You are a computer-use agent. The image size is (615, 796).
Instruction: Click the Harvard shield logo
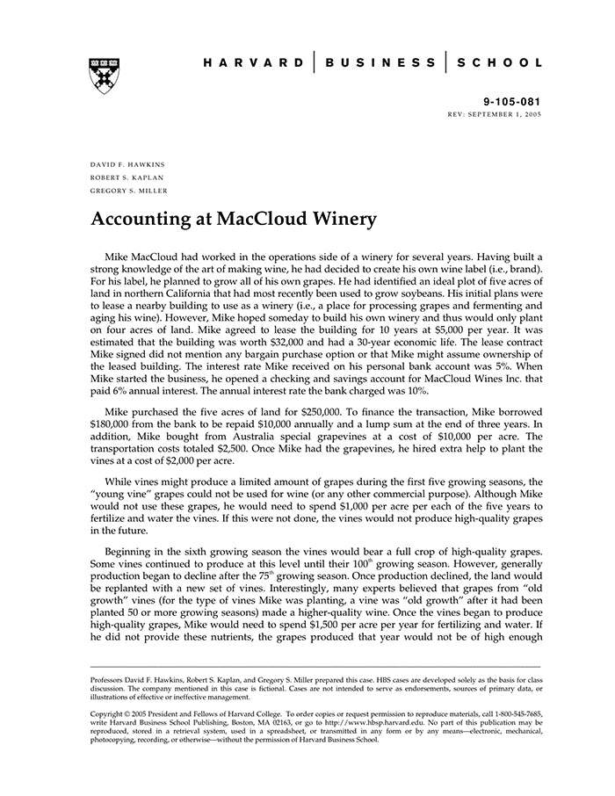(x=105, y=76)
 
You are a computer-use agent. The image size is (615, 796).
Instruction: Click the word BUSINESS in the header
(x=380, y=63)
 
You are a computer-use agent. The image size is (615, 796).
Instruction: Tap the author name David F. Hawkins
(x=127, y=164)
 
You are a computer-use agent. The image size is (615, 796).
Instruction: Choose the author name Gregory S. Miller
(x=129, y=190)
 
